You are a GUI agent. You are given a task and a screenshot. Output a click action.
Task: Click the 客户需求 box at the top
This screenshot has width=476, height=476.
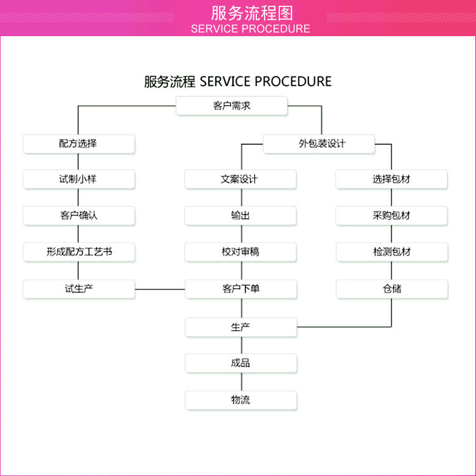pyautogui.click(x=232, y=106)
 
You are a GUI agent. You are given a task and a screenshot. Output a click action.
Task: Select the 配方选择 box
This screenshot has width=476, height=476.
pyautogui.click(x=79, y=143)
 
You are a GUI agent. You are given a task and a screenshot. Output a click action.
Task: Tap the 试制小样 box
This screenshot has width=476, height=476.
pyautogui.click(x=79, y=179)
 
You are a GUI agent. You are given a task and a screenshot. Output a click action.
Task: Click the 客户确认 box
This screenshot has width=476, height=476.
pyautogui.click(x=79, y=215)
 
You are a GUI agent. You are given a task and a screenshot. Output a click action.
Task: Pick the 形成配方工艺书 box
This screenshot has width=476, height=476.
pyautogui.click(x=79, y=252)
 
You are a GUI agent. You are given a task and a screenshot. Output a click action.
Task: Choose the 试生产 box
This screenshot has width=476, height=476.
pyautogui.click(x=79, y=289)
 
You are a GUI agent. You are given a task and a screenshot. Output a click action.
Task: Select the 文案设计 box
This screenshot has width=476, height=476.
pyautogui.click(x=241, y=179)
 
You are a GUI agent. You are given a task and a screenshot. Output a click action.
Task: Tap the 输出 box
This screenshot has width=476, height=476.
pyautogui.click(x=241, y=215)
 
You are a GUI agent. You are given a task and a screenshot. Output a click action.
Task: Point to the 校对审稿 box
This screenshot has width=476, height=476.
pyautogui.click(x=241, y=252)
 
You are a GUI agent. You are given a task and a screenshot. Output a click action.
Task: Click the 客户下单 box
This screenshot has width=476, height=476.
pyautogui.click(x=241, y=289)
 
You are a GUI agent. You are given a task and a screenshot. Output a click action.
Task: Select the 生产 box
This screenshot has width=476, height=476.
pyautogui.click(x=241, y=327)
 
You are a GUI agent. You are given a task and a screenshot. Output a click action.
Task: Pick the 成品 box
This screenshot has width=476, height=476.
pyautogui.click(x=241, y=363)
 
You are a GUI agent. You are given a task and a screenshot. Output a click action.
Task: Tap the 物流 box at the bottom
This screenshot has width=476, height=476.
pyautogui.click(x=241, y=400)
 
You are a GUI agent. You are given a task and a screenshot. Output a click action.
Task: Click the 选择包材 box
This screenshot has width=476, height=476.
pyautogui.click(x=392, y=179)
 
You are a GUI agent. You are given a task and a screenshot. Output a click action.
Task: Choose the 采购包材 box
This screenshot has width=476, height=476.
pyautogui.click(x=392, y=215)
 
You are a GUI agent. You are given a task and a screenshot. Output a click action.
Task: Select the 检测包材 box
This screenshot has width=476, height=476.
pyautogui.click(x=392, y=252)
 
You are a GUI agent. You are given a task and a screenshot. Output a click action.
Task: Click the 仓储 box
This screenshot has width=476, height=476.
pyautogui.click(x=392, y=289)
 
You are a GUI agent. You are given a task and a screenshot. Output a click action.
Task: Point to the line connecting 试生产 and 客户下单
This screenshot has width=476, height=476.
pyautogui.click(x=160, y=289)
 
